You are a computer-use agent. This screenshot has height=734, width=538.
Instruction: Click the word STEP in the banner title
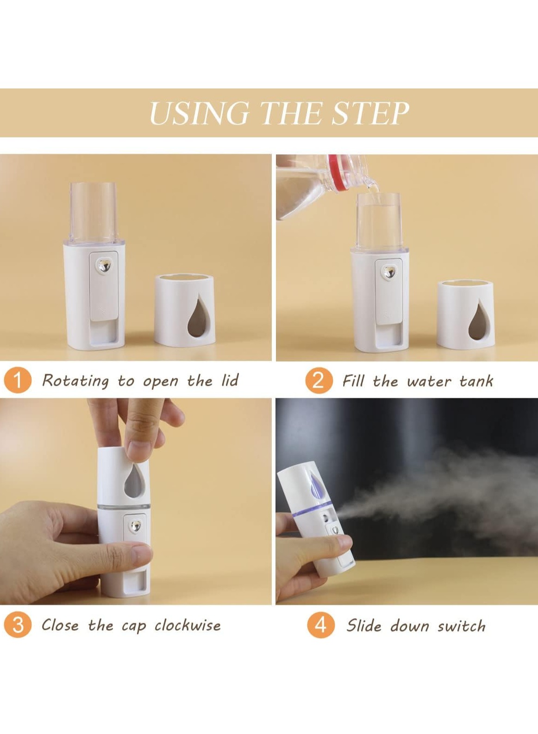pos(370,113)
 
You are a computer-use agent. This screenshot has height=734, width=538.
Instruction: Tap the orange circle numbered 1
pos(18,381)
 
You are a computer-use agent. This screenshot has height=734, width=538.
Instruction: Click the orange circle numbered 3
pos(18,626)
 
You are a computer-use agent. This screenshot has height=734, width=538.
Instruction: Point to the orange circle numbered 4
pos(321,626)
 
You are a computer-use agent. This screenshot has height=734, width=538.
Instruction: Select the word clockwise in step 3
pos(188,626)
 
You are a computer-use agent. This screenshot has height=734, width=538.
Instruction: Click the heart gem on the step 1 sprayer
pos(105,265)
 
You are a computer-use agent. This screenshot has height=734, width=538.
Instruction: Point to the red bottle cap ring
pos(339,172)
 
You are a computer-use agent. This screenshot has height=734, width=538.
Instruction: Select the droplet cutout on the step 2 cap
pos(477,320)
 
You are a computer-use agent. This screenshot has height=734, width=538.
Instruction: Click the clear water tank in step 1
pos(94,213)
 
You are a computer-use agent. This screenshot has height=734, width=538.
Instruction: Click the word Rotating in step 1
pos(75,381)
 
